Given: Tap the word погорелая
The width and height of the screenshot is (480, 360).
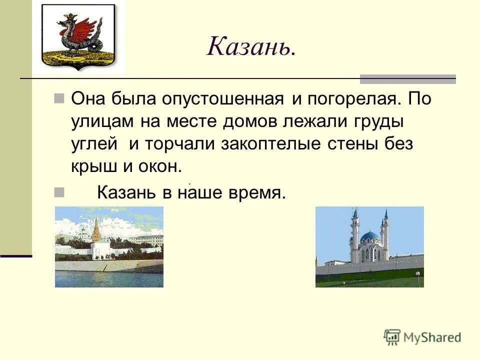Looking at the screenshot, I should pos(352,98).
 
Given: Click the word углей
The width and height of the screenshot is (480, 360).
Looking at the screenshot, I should pos(94,144).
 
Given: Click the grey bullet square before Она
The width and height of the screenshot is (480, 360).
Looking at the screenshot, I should pos(59,97).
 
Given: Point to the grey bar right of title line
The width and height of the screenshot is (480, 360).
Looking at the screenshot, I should pos(407,78).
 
